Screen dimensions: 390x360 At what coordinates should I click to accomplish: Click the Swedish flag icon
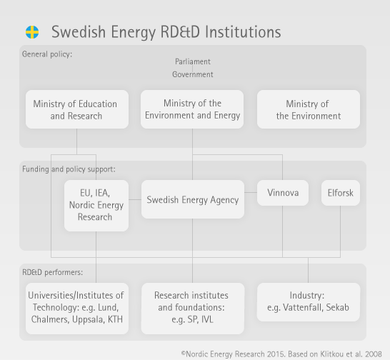pyautogui.click(x=32, y=32)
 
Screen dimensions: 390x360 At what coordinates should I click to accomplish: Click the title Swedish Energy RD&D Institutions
pyautogui.click(x=166, y=32)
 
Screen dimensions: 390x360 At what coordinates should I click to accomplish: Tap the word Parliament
pyautogui.click(x=193, y=61)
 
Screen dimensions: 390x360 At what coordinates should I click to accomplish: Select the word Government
pyautogui.click(x=193, y=74)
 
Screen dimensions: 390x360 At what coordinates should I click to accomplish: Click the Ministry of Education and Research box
pyautogui.click(x=77, y=109)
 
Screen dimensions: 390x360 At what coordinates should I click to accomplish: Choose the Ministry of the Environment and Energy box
pyautogui.click(x=192, y=109)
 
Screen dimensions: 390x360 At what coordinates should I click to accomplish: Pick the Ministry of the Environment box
pyautogui.click(x=309, y=109)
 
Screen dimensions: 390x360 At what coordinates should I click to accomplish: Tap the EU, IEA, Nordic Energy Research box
pyautogui.click(x=96, y=206)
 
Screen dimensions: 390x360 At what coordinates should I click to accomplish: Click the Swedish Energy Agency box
pyautogui.click(x=193, y=199)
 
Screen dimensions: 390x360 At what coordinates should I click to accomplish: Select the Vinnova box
pyautogui.click(x=283, y=193)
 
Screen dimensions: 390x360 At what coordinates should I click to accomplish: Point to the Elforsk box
pyautogui.click(x=341, y=193)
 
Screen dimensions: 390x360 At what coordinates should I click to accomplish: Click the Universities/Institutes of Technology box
pyautogui.click(x=77, y=309)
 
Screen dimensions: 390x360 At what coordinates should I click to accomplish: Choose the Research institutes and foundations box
pyautogui.click(x=193, y=309)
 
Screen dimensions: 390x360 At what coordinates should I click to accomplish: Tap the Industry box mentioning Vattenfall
pyautogui.click(x=309, y=302)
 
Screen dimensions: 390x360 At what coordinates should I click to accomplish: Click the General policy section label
pyautogui.click(x=47, y=54)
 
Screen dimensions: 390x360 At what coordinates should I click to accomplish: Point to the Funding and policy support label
pyautogui.click(x=69, y=169)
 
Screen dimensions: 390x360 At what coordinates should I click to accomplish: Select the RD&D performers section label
pyautogui.click(x=52, y=272)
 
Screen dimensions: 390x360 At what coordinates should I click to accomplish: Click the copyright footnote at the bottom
pyautogui.click(x=281, y=354)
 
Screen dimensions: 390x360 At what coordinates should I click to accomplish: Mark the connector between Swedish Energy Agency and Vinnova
pyautogui.click(x=251, y=192)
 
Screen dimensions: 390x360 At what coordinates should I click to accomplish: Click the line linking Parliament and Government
pyautogui.click(x=193, y=68)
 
